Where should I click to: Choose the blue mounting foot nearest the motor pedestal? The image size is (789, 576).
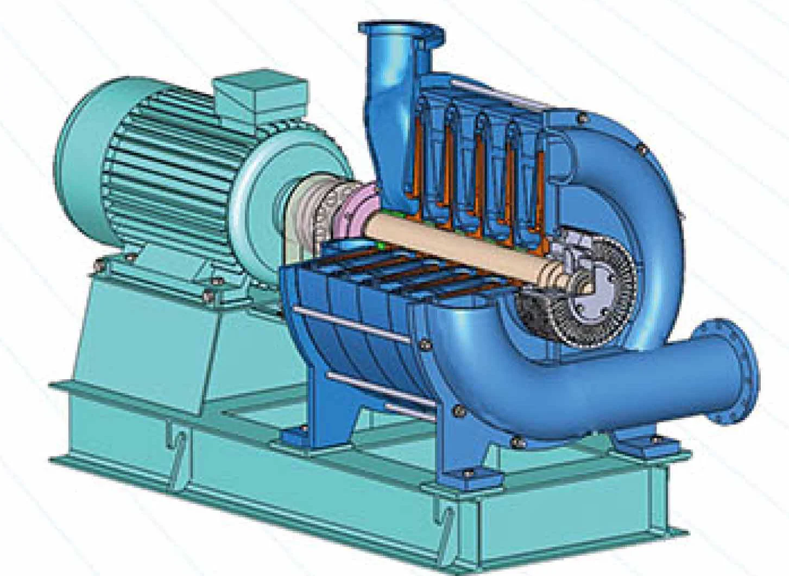click(x=296, y=435)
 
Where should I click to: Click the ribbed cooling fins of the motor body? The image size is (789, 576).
click(x=163, y=152)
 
